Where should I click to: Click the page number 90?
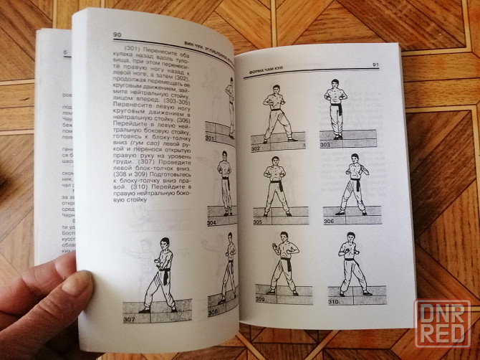pyautogui.click(x=117, y=34)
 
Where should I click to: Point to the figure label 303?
pyautogui.click(x=325, y=145)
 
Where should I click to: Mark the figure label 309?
pyautogui.click(x=259, y=298)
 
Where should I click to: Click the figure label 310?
pyautogui.click(x=332, y=302)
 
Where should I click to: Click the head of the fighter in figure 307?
pyautogui.click(x=165, y=244)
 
